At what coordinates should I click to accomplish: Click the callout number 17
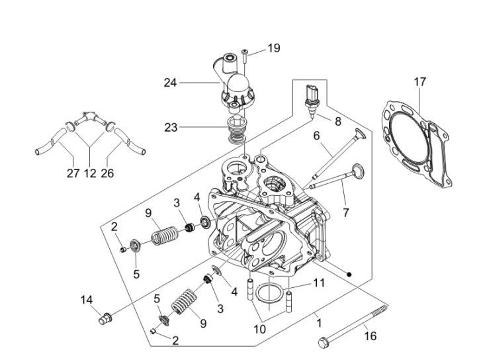419,82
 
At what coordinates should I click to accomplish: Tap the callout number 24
171,83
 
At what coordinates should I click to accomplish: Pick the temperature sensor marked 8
313,97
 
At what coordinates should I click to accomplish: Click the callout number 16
370,336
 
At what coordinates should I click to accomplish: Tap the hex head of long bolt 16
323,342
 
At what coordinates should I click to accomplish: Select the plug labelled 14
103,320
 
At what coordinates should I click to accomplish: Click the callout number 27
73,173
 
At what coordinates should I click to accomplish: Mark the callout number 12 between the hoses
91,173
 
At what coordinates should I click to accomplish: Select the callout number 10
260,328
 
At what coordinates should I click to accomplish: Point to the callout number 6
316,135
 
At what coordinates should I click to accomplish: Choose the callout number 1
319,324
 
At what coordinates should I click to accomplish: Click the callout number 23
171,127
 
